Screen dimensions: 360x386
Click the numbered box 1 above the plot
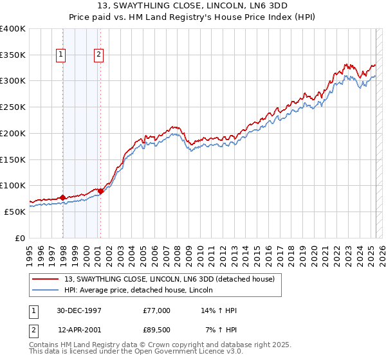(60, 55)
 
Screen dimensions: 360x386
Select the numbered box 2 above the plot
(98, 55)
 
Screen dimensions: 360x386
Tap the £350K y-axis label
(13, 55)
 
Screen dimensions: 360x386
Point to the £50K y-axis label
(15, 212)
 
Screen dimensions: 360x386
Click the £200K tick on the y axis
(13, 133)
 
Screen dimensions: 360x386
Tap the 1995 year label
(30, 251)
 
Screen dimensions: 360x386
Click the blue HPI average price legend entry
(142, 290)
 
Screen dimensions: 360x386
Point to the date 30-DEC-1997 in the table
(80, 310)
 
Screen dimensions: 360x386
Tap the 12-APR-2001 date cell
(80, 330)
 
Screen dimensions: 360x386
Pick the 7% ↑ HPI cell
(221, 330)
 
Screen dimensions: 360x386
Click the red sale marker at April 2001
(100, 191)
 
